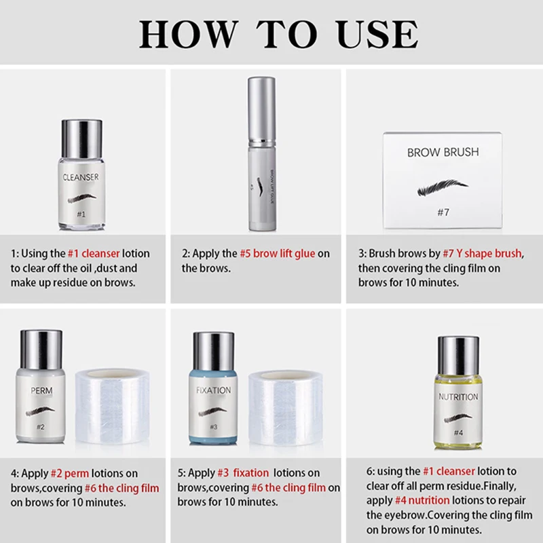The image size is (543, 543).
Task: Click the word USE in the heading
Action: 377,34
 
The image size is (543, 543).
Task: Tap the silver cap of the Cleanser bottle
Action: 81,139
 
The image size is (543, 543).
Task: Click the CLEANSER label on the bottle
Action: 81,177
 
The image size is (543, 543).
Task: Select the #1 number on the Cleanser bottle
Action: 81,214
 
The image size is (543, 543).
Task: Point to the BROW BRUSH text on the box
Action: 443,152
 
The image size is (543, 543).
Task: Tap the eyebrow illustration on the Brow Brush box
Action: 443,188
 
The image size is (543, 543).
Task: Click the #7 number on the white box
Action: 443,212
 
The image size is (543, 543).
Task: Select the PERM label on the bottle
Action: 41,391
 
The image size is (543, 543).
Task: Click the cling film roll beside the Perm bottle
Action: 113,406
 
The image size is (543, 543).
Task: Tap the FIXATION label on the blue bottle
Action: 213,390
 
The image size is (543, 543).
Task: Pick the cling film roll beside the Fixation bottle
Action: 286,408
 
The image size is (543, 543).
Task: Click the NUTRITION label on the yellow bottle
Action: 458,397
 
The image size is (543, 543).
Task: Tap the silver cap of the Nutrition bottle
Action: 459,355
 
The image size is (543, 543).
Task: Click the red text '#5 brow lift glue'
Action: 278,253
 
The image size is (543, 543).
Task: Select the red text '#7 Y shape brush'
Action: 482,253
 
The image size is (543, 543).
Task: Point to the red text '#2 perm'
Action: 70,473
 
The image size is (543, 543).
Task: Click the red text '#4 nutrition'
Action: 422,500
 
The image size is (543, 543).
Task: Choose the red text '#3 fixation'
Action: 243,472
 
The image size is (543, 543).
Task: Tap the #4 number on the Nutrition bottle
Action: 458,432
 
